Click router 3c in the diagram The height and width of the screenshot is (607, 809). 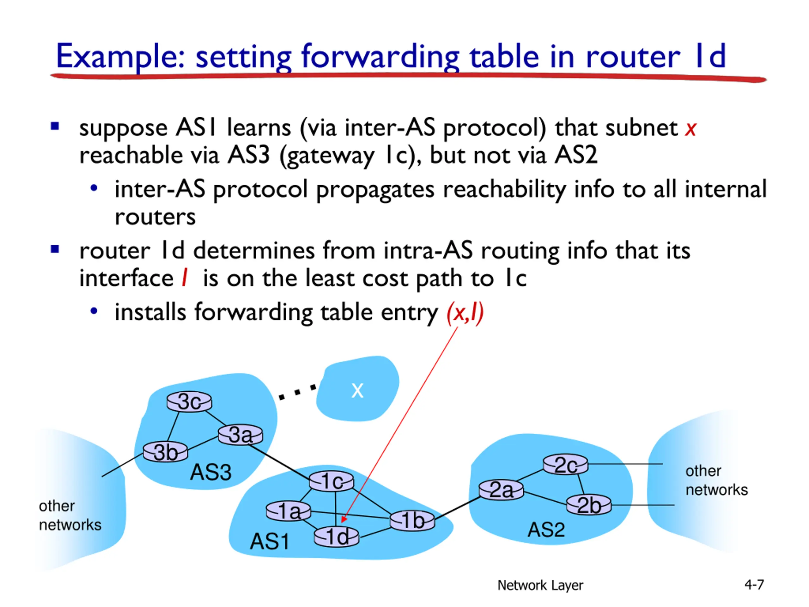point(189,402)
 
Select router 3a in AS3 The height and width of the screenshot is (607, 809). point(240,435)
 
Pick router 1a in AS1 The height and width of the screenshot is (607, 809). point(289,511)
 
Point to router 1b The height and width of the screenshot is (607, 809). point(412,520)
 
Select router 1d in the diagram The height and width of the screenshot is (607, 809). point(337,537)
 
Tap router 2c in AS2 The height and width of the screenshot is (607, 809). point(565,465)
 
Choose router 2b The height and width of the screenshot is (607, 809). point(588,505)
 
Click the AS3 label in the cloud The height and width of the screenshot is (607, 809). point(211,472)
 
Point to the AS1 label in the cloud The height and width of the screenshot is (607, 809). point(270,542)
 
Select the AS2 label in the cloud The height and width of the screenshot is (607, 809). point(546,530)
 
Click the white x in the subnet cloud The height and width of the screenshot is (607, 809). point(357,390)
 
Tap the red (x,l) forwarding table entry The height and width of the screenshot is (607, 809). point(465,313)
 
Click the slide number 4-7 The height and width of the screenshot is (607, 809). point(754,584)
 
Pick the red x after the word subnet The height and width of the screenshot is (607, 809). point(690,129)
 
